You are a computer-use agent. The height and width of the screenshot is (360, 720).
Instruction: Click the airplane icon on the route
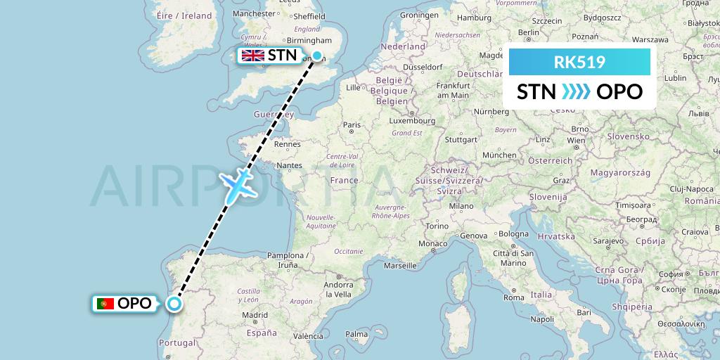(239, 184)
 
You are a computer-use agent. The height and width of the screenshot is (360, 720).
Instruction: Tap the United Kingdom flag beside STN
(252, 56)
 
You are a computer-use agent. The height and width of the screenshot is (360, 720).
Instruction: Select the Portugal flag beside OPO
(106, 304)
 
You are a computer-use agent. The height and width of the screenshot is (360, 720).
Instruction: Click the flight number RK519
(579, 62)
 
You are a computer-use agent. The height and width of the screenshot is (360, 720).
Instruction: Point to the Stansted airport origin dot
(317, 56)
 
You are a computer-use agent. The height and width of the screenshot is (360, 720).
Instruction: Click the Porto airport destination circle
(174, 304)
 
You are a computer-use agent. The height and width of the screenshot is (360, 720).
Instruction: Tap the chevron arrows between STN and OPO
(576, 91)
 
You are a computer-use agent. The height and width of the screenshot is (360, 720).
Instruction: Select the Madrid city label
(255, 316)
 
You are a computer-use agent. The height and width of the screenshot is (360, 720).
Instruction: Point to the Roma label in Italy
(514, 297)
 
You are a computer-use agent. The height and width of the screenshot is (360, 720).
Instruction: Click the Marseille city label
(401, 266)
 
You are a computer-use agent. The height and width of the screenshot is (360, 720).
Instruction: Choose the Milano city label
(462, 206)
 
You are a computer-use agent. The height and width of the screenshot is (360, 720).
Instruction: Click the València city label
(307, 336)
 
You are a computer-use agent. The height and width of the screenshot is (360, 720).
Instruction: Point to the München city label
(500, 155)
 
